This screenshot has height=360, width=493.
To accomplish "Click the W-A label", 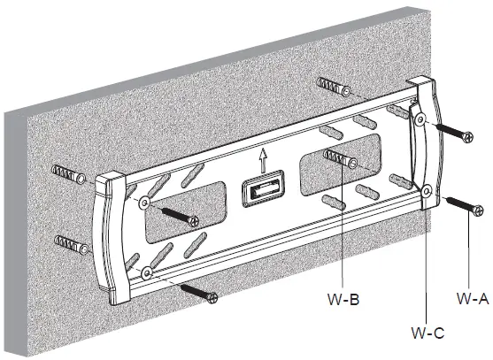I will point(473,299).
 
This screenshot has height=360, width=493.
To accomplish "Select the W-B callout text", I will point(348,299).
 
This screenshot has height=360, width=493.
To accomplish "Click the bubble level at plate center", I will point(260,189).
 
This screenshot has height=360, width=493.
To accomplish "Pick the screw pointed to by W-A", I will point(465,206).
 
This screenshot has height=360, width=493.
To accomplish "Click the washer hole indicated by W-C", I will point(426,189).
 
